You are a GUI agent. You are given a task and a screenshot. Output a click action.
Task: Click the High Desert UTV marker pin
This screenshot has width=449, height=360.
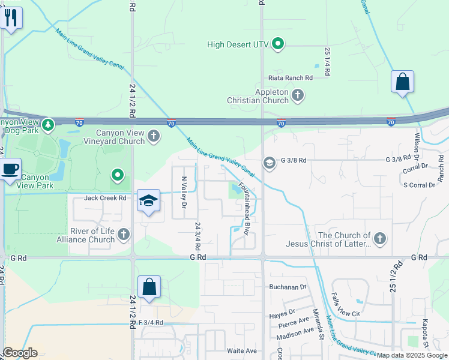point(278,44)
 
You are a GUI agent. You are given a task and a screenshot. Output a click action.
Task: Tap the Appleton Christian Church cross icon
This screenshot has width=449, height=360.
point(298,95)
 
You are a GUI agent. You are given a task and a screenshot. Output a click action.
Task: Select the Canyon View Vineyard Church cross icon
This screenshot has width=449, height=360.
point(154,136)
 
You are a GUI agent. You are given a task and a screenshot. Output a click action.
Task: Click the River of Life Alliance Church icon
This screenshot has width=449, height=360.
point(124,234)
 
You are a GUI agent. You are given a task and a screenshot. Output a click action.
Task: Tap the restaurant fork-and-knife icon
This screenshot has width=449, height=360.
point(11,17)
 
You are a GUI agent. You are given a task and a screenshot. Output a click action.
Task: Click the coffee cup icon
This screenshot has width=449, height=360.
point(11,169)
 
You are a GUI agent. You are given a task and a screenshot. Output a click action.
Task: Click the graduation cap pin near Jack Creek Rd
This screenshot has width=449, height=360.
point(148,201)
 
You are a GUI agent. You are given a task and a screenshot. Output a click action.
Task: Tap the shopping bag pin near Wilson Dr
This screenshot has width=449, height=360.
point(402,82)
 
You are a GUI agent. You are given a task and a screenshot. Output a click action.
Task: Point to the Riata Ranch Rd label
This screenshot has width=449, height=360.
point(292,78)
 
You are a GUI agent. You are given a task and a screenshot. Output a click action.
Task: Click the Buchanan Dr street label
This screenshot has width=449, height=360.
point(288,287)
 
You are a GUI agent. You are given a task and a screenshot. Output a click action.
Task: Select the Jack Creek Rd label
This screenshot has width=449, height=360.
point(105,197)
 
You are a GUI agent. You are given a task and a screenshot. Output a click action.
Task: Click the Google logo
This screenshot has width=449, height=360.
point(20,353)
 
